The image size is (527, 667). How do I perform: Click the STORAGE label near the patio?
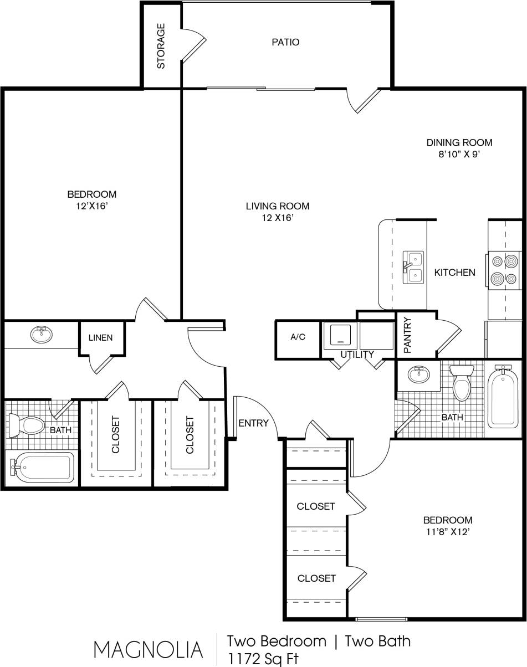tap(161, 45)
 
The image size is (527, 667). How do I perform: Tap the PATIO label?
tap(285, 42)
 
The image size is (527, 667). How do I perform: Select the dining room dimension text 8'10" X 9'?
tap(459, 155)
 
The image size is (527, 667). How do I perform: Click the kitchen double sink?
tap(413, 268)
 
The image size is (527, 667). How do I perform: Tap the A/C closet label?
tap(298, 337)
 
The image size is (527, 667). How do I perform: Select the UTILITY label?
tap(357, 355)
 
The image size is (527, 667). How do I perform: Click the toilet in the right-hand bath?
tap(461, 383)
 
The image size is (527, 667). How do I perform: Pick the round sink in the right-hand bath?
tap(419, 374)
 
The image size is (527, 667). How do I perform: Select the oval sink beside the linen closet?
tap(40, 335)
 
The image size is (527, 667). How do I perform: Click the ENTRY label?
tap(253, 423)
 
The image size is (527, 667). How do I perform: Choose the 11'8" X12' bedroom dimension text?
tap(447, 531)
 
